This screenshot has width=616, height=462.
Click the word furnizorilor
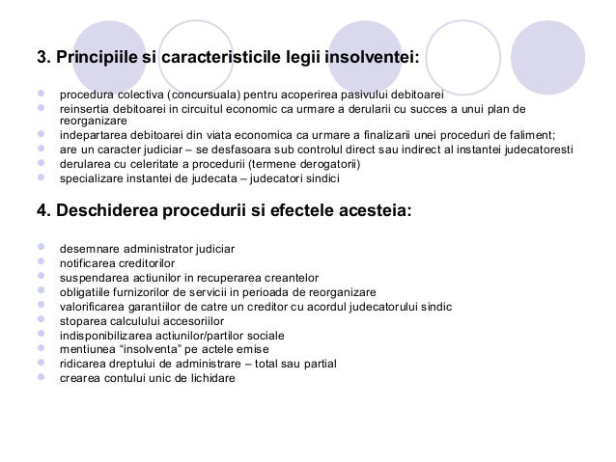click(x=135, y=292)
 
